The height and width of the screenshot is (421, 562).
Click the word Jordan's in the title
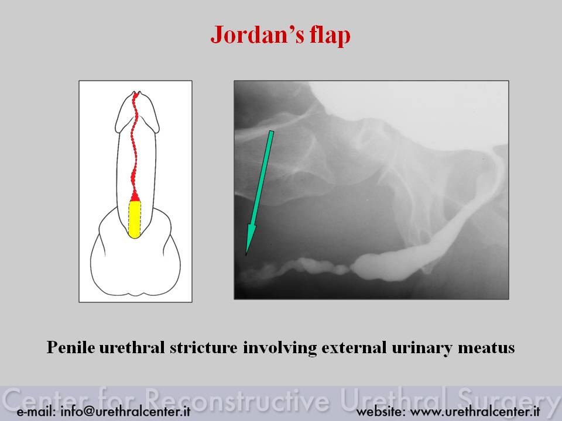click(x=258, y=34)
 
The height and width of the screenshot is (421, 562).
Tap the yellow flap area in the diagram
click(x=135, y=219)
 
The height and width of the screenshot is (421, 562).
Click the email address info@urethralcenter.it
click(x=125, y=411)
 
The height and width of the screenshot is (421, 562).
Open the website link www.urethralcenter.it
click(x=475, y=411)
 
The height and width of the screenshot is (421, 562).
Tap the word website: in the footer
click(x=381, y=411)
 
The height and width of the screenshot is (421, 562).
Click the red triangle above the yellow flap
click(x=135, y=196)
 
